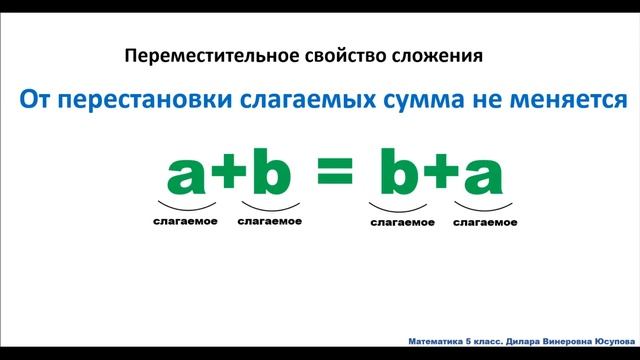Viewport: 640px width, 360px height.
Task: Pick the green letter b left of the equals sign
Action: point(268,173)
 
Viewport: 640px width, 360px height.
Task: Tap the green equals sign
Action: point(336,176)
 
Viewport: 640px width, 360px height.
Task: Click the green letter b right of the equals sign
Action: point(401,173)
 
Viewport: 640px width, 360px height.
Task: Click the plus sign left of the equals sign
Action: point(227,177)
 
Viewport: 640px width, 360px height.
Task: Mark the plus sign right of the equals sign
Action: point(440,177)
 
